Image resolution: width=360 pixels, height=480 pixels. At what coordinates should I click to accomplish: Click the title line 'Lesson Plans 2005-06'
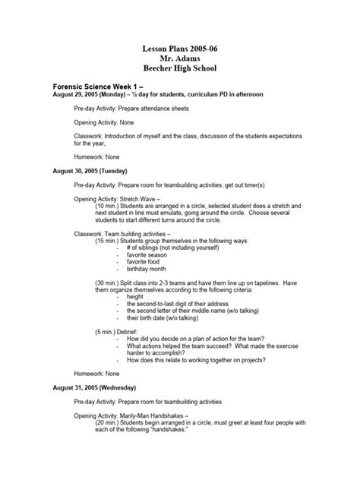pos(180,49)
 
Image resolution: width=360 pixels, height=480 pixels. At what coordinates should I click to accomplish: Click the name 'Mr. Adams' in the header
pos(180,58)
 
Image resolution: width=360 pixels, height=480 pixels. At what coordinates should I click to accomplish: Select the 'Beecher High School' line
pos(180,68)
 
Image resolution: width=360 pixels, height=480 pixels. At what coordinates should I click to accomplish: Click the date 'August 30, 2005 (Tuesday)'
pos(89,171)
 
